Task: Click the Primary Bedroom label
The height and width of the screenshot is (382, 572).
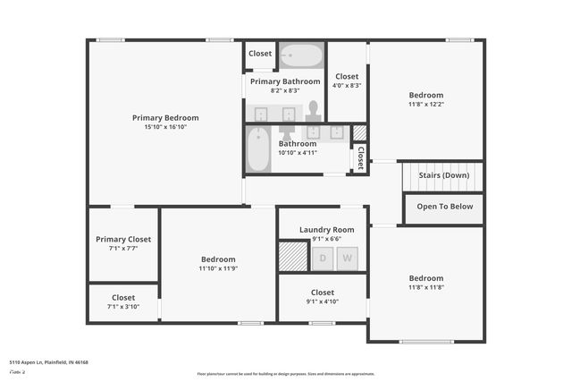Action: (x=165, y=117)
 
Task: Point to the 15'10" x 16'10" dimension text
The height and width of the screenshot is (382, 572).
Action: (x=165, y=127)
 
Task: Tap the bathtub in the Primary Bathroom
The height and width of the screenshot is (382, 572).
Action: (x=301, y=56)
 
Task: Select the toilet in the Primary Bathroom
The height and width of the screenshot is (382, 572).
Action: (x=313, y=110)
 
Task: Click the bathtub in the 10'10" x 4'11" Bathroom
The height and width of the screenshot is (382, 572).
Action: (x=258, y=149)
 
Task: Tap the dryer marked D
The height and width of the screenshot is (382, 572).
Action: (x=323, y=259)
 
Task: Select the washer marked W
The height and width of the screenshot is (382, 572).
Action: (x=347, y=259)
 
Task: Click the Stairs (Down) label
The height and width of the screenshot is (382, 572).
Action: (x=444, y=175)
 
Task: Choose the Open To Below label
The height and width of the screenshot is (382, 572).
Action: (x=444, y=207)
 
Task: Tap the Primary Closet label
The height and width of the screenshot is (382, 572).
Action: (x=123, y=239)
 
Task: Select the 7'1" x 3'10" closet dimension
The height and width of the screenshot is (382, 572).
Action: (x=123, y=307)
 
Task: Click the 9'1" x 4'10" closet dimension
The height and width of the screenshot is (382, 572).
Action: (x=322, y=301)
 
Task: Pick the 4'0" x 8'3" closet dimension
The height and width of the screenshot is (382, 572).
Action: (x=346, y=86)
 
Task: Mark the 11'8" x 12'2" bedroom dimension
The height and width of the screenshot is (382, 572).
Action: (x=425, y=104)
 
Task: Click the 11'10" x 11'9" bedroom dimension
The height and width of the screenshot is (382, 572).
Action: (x=218, y=268)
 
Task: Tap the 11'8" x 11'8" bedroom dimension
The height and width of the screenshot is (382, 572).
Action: (x=425, y=287)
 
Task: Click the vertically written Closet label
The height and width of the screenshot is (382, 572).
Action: (x=360, y=159)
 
